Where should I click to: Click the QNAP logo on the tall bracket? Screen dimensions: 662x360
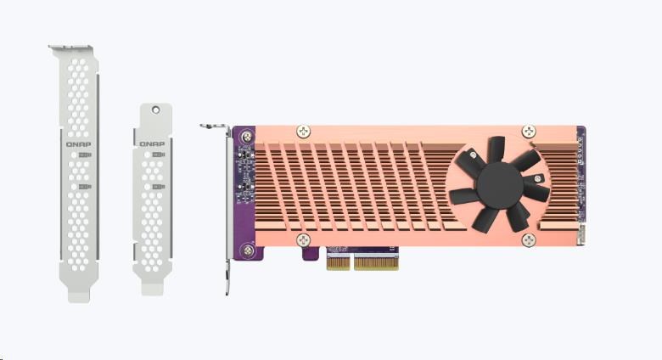point(79,144)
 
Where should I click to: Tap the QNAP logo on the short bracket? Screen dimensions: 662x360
point(152,144)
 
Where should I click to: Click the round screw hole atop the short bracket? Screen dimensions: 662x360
point(156,110)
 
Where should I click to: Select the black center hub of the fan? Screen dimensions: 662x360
point(500,185)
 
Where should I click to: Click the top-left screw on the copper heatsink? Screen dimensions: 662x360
point(304,132)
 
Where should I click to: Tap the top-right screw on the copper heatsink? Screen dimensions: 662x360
point(529,132)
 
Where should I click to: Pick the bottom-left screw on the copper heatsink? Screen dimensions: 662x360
point(304,240)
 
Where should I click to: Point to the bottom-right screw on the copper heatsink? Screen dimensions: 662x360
point(529,240)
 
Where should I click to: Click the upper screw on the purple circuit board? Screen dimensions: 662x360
point(247,137)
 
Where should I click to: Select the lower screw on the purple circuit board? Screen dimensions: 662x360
point(248,250)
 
